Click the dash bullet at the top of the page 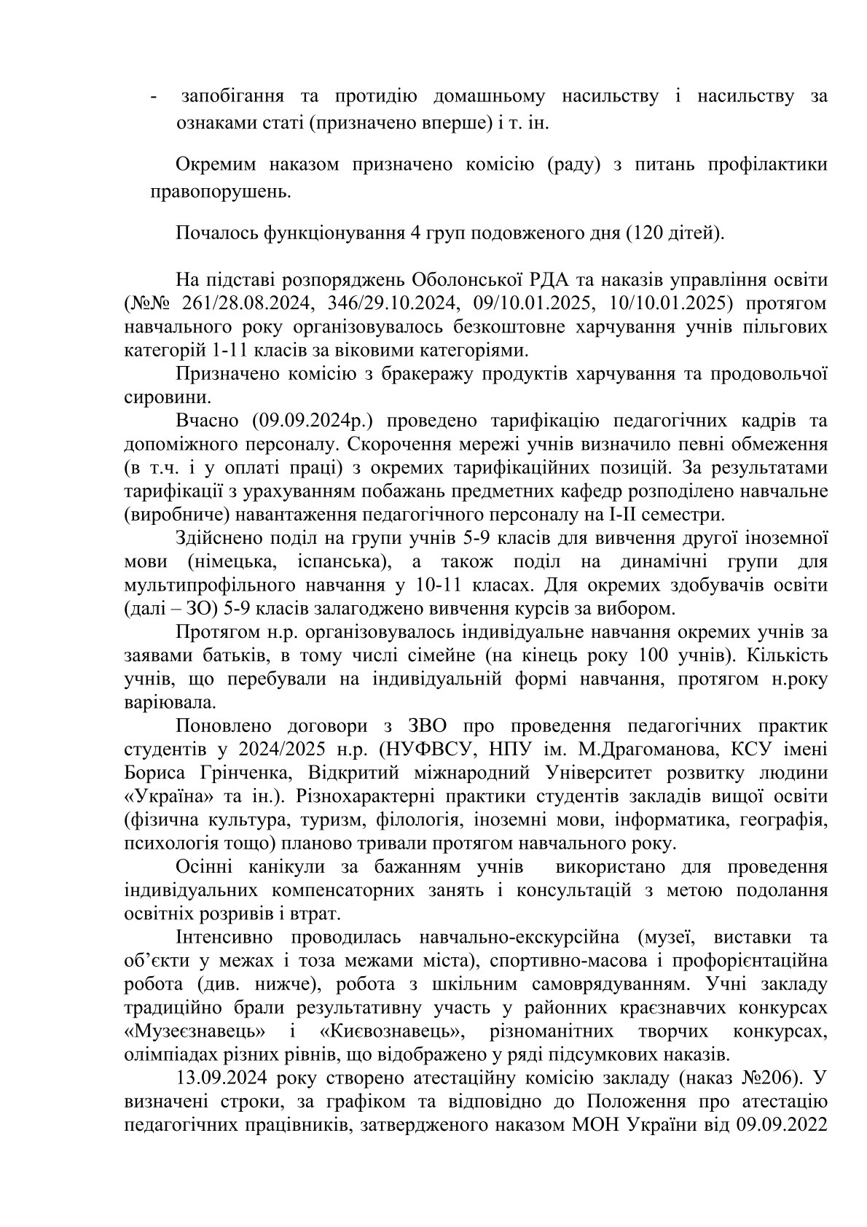153,98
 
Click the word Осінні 205,867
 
